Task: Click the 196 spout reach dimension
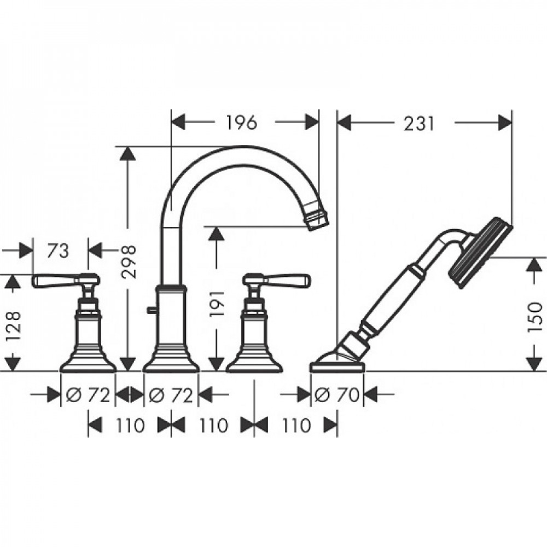241,122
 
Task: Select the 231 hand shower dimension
419,123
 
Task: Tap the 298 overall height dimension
128,261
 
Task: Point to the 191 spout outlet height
216,304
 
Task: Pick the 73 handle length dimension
57,251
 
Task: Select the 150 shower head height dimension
535,317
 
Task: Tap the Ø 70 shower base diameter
336,395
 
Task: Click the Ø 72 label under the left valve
88,395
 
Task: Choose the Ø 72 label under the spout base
171,395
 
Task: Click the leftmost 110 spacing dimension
130,426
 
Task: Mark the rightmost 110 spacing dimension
296,426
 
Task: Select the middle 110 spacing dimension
213,426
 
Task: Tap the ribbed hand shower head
480,253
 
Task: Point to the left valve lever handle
66,281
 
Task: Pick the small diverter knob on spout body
152,310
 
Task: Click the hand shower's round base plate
337,365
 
